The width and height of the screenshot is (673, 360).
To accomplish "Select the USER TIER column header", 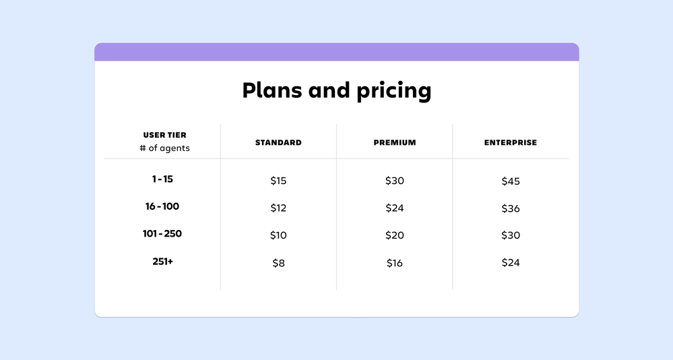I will coord(164,136).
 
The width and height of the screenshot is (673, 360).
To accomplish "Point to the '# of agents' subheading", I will coord(164,148).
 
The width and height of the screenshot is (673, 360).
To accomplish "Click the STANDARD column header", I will coord(278,143).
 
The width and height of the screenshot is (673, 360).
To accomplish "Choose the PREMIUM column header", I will coord(395,143).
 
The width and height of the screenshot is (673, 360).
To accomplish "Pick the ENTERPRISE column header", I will coord(511,143).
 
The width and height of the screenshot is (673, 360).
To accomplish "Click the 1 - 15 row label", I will coord(162,179).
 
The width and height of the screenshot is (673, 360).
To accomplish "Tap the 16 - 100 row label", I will coord(162,206).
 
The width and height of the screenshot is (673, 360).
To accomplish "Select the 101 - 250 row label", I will coord(162,234).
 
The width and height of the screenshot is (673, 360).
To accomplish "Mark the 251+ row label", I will coord(162,261).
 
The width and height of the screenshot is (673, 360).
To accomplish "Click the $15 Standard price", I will coord(278,181).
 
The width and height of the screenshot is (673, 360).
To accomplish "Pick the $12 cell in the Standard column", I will coord(278,208).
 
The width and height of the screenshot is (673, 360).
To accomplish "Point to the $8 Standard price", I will coord(278,263).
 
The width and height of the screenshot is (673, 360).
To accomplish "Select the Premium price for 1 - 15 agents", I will coord(395,181).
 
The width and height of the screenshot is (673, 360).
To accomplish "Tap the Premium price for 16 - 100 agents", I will coord(395,208).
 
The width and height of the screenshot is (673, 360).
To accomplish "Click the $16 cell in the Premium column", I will coord(395,263).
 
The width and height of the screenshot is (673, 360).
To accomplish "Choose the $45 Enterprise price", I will coord(511,181).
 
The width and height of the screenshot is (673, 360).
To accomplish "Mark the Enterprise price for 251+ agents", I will coord(511,263).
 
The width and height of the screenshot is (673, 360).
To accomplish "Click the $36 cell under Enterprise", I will coord(511,208).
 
